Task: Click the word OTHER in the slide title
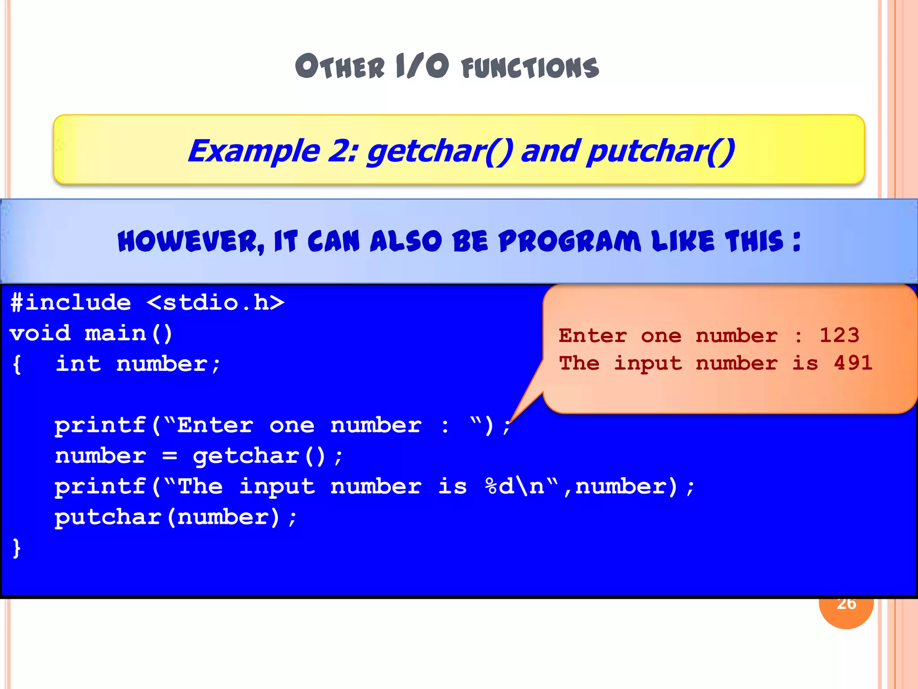tap(340, 66)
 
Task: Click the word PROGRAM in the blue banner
tap(569, 241)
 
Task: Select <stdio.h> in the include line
tap(216, 302)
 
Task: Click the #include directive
tap(71, 302)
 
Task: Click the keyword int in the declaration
tap(78, 364)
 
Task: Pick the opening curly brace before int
tap(17, 364)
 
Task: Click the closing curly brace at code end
tap(17, 548)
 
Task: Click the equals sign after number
tap(169, 456)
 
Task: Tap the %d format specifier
tap(499, 487)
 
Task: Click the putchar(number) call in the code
tap(175, 517)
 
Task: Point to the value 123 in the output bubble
tap(839, 335)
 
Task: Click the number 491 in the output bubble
tap(853, 363)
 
